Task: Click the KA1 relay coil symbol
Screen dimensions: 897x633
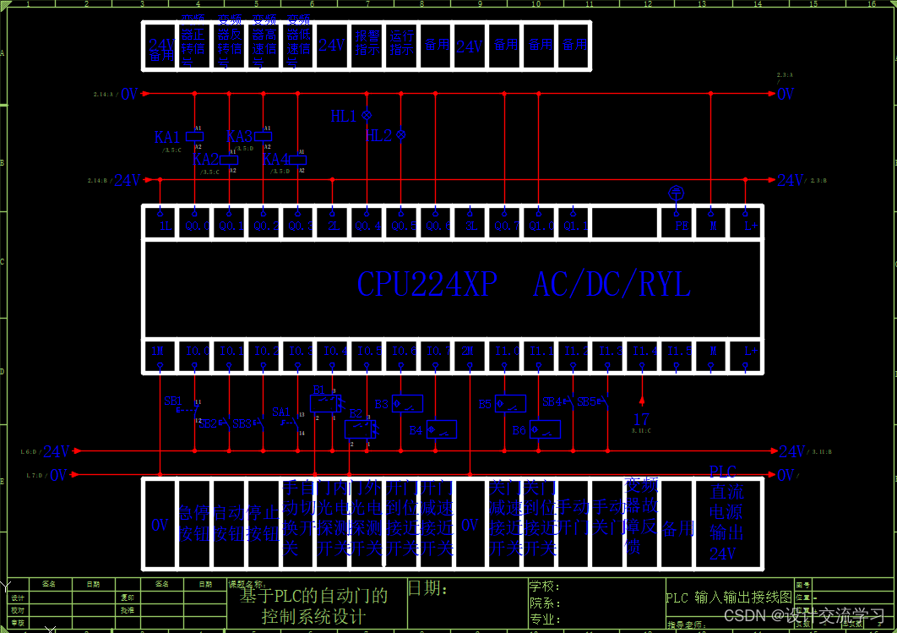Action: click(x=194, y=135)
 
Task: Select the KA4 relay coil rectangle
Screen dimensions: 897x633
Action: click(x=297, y=160)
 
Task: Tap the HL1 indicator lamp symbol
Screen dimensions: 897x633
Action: click(x=367, y=115)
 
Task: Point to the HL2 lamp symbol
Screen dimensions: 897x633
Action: click(x=401, y=134)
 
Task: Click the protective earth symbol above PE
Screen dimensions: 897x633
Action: click(x=676, y=193)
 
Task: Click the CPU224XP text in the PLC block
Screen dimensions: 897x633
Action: click(x=427, y=285)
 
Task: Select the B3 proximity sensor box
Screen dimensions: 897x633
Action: click(x=406, y=404)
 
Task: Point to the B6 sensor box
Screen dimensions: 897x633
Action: click(x=545, y=429)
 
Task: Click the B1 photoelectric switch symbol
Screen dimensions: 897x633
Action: click(x=326, y=401)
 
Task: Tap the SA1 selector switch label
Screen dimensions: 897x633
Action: click(x=281, y=412)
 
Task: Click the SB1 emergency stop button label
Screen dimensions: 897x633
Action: click(x=173, y=401)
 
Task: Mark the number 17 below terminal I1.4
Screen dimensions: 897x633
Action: click(x=642, y=419)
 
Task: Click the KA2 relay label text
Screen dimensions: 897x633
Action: click(x=205, y=159)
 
